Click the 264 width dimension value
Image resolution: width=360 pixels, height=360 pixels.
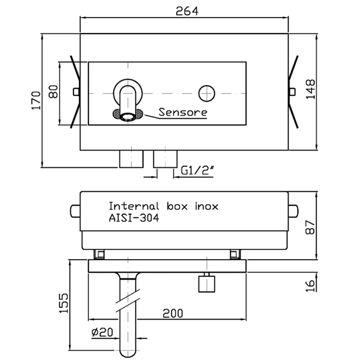coord(187,11)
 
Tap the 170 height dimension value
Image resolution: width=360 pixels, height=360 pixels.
coord(36,101)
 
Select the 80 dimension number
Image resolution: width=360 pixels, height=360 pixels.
coord(54,92)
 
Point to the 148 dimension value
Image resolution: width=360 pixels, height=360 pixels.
coord(310,89)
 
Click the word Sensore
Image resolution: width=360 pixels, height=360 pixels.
coord(183,112)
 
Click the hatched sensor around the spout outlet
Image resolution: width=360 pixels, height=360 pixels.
coord(128,114)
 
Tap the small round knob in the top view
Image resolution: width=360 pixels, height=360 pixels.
coord(207,93)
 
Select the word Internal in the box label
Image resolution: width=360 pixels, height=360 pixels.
coord(134,206)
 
